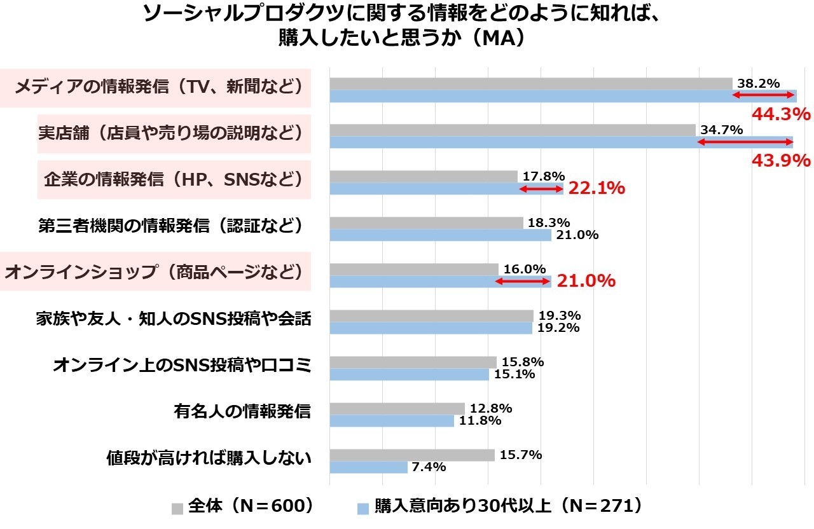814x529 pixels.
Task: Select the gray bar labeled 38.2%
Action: pos(530,83)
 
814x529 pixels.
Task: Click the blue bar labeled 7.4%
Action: pos(368,467)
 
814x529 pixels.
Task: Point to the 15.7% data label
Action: pos(521,455)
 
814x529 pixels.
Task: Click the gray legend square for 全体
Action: pos(177,508)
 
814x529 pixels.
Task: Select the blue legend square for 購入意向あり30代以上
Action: pos(362,508)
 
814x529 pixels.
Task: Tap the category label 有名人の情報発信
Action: pos(242,411)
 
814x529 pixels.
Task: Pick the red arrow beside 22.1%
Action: pos(541,189)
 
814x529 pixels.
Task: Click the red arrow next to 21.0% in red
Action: pos(522,281)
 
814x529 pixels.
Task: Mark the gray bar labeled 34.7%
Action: pos(512,130)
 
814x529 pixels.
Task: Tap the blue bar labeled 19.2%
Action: pos(431,328)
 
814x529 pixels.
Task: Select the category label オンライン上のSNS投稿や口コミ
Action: pos(182,365)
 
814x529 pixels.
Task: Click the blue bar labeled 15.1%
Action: pos(409,374)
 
